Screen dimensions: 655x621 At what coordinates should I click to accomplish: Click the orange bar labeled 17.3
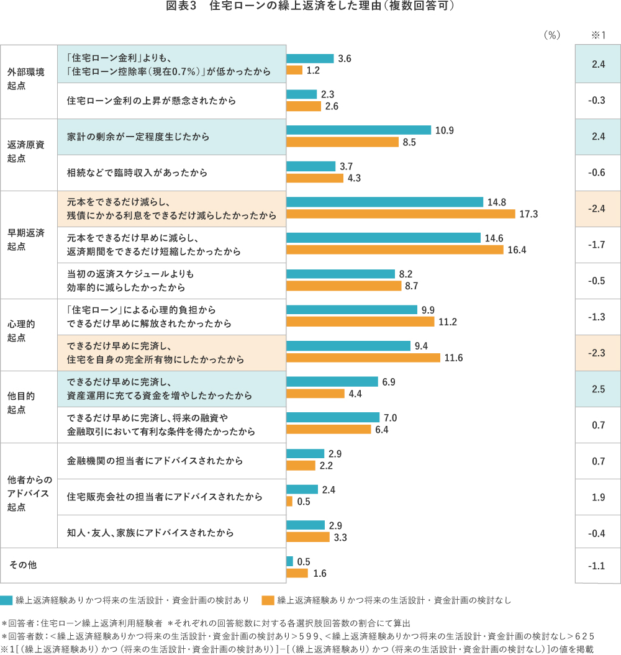tap(401, 214)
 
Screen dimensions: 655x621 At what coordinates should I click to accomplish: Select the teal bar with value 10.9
tap(358, 130)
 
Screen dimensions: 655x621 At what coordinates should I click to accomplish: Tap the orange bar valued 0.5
tap(289, 501)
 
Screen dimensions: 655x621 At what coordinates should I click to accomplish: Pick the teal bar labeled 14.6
tap(383, 238)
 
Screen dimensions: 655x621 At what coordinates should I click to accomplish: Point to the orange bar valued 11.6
tap(363, 358)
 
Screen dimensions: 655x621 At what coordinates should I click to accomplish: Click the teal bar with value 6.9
tap(332, 382)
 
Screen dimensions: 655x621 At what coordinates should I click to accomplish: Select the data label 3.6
tap(345, 58)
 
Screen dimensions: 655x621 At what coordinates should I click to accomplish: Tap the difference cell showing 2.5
tap(598, 389)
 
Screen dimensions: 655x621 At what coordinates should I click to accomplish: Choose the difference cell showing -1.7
tap(598, 245)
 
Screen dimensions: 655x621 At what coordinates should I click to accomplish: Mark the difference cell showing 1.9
tap(598, 497)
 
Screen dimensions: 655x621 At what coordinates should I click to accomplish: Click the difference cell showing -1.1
tap(598, 566)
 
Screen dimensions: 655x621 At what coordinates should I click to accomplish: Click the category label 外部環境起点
tap(26, 79)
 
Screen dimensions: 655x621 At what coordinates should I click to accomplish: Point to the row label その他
tap(23, 565)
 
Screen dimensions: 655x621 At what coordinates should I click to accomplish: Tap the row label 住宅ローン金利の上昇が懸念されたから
tap(152, 101)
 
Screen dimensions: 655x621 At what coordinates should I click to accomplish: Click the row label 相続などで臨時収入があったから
tap(137, 173)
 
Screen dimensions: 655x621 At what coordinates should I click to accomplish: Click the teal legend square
tap(6, 600)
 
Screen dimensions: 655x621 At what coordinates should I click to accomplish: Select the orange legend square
tap(268, 600)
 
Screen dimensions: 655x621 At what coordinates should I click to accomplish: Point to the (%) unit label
tap(551, 35)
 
